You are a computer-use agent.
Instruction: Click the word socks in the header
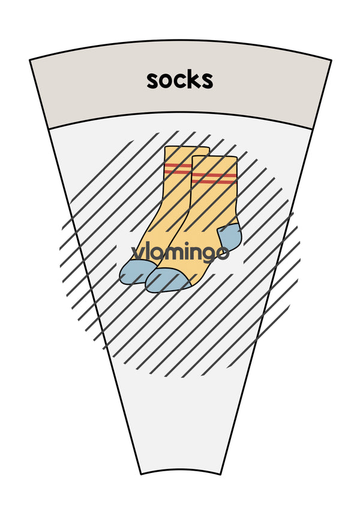[179, 80]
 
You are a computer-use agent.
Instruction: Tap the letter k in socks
[191, 80]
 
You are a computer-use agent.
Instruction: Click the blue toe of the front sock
[167, 280]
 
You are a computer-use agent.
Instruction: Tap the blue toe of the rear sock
[136, 272]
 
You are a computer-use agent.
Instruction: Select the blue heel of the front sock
[230, 236]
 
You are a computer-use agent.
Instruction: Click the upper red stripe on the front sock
[214, 176]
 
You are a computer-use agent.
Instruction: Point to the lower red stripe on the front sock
[214, 182]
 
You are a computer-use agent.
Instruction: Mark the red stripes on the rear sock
[178, 168]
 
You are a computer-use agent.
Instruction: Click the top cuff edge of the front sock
[214, 157]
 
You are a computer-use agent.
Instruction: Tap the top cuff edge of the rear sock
[187, 147]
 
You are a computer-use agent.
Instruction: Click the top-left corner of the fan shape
[30, 60]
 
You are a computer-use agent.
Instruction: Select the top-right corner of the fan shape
[331, 60]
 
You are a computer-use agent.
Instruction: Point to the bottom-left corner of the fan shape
[141, 474]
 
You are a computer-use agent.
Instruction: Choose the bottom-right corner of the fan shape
[221, 474]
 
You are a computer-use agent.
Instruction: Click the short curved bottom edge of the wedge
[181, 469]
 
